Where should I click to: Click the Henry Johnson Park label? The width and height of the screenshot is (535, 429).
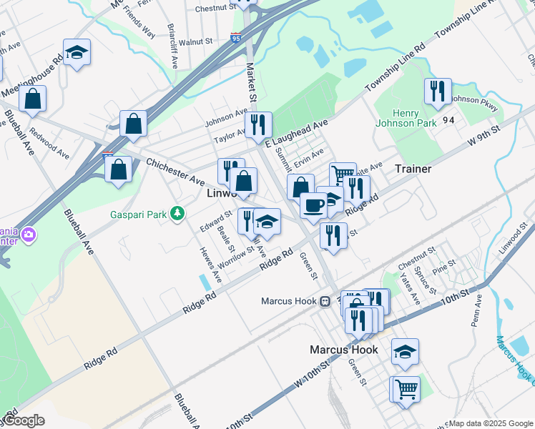(405, 118)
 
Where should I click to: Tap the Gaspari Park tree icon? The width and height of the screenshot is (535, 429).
(178, 213)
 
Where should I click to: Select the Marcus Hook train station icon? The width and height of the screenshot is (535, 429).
(324, 301)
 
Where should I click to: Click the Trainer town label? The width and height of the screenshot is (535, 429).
(413, 169)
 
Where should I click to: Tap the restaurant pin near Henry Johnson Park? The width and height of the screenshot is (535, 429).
(437, 91)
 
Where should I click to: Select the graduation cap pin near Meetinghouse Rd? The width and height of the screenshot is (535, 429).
(77, 52)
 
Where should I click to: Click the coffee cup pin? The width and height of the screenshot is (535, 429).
(313, 205)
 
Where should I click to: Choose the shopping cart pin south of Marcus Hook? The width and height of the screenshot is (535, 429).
(406, 389)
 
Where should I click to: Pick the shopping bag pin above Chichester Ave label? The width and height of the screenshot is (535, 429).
(133, 124)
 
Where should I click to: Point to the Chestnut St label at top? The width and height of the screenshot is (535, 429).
(215, 9)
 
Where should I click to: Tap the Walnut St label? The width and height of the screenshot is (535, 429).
(197, 42)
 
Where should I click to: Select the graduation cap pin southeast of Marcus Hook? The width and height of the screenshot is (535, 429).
(405, 351)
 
